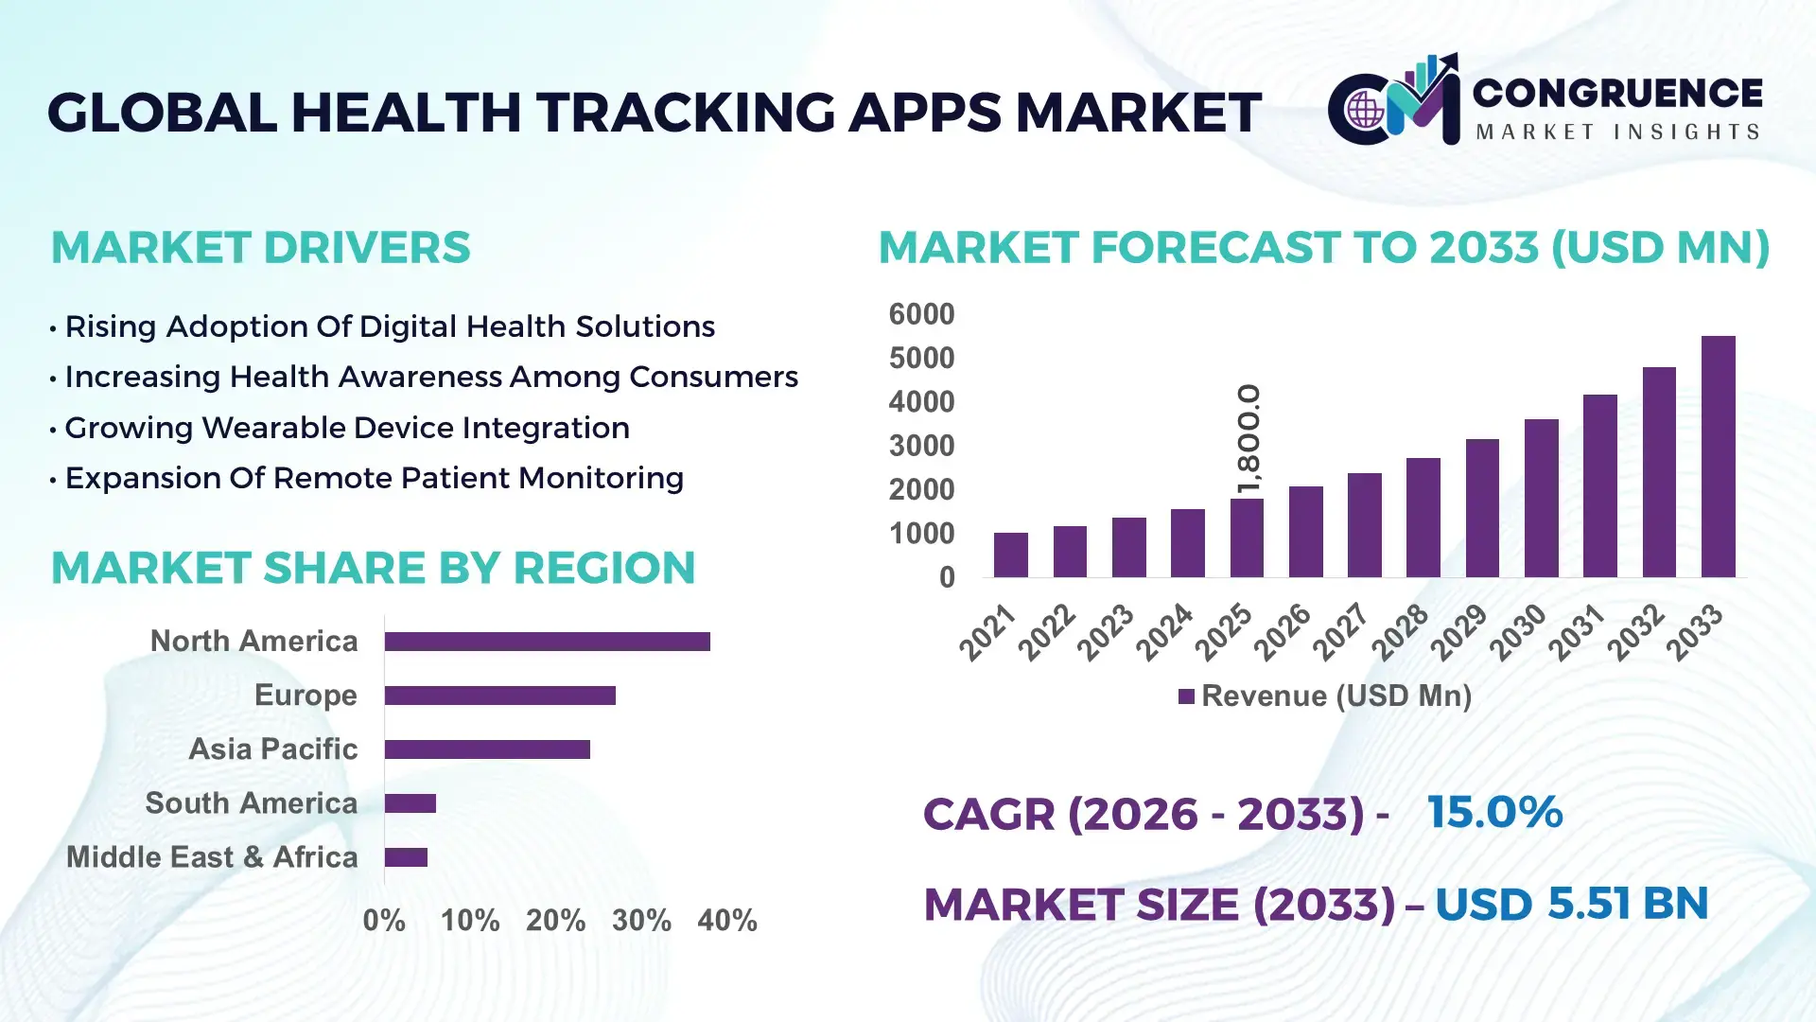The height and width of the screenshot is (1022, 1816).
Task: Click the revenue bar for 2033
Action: click(1718, 456)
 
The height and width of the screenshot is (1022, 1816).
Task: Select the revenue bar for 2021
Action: click(1010, 555)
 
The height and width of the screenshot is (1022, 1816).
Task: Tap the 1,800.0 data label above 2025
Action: click(1248, 439)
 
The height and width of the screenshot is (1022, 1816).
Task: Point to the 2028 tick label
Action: click(1401, 632)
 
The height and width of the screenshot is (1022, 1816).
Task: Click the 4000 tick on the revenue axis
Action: click(921, 402)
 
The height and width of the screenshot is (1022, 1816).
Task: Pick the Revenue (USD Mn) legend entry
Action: click(1325, 696)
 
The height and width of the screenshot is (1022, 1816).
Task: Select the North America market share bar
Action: click(547, 642)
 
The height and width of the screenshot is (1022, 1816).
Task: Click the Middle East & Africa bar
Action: click(406, 857)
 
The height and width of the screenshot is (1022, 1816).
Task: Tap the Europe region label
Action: click(306, 696)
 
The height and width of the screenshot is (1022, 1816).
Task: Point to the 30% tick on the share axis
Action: click(641, 921)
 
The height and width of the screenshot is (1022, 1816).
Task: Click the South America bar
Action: click(410, 803)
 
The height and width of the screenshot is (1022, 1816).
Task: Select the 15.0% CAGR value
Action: click(1494, 812)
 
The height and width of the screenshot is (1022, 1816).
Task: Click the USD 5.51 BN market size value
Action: click(1571, 904)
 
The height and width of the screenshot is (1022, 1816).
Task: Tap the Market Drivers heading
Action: click(260, 248)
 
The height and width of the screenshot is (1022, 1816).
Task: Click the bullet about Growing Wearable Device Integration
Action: click(346, 428)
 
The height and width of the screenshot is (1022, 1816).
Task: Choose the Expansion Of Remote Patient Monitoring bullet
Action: click(374, 478)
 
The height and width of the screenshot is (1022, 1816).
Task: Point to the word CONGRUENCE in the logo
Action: click(1617, 93)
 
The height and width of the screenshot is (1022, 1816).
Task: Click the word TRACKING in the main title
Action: click(686, 113)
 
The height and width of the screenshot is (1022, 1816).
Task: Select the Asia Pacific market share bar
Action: click(487, 749)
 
